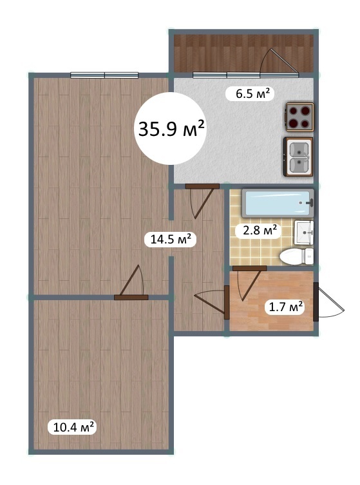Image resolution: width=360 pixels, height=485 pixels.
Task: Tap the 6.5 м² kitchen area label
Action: pos(251,93)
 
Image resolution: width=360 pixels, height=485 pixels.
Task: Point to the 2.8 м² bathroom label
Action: pos(258,231)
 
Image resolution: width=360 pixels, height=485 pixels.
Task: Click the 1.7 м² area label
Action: pos(285,307)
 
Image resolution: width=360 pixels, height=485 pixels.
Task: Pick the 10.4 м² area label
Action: pos(73,427)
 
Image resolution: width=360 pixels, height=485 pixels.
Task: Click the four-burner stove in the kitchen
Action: pos(299,117)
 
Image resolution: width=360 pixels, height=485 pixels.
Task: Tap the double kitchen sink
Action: pos(298,157)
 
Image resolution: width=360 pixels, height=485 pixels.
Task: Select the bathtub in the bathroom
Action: pos(278,203)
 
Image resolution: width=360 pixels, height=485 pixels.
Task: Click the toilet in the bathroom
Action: pos(296,256)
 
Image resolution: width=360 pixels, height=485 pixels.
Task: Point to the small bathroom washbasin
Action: pos(304,232)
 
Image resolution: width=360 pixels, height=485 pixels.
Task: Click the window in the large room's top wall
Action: pos(104,75)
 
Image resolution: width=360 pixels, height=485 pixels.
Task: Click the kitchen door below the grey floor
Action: pos(202,200)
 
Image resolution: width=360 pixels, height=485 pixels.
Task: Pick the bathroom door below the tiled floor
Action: pos(249,282)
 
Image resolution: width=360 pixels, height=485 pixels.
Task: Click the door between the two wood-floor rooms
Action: pos(131,282)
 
